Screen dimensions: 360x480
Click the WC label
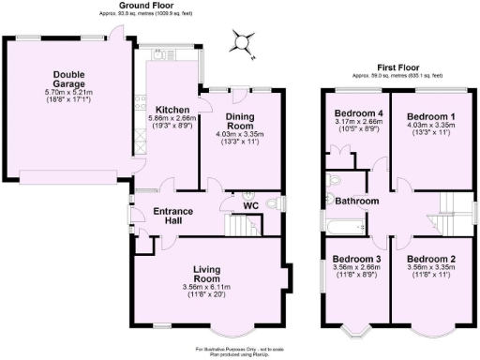(x=250, y=205)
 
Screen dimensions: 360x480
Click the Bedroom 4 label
(x=356, y=113)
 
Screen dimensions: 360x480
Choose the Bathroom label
(x=357, y=202)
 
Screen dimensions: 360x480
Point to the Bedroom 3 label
(x=356, y=259)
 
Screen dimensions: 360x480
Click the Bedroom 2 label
(x=431, y=259)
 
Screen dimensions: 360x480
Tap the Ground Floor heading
(x=143, y=6)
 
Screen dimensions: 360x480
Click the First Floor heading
(x=397, y=67)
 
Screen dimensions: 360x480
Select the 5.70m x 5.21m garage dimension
(x=68, y=93)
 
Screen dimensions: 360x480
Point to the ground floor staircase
(x=243, y=226)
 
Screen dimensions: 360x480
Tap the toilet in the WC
(x=274, y=203)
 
